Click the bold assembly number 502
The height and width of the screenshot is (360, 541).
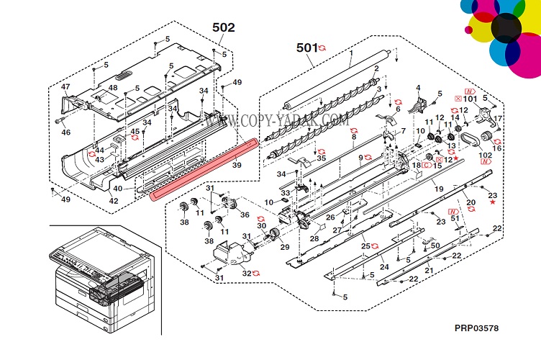coord(223,27)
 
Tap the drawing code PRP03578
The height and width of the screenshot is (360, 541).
coord(476,328)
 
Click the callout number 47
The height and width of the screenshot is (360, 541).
coord(66,87)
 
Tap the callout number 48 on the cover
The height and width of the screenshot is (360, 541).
coord(113,88)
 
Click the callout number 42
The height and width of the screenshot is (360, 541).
coord(113,201)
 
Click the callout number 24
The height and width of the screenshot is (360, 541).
coord(384,267)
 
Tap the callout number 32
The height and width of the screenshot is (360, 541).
coord(247,273)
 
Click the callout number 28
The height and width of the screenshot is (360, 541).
coord(314,238)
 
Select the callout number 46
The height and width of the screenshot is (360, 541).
coord(66,132)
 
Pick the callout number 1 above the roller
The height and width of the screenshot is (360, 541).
coord(351,54)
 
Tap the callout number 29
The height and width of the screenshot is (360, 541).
coord(285,248)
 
